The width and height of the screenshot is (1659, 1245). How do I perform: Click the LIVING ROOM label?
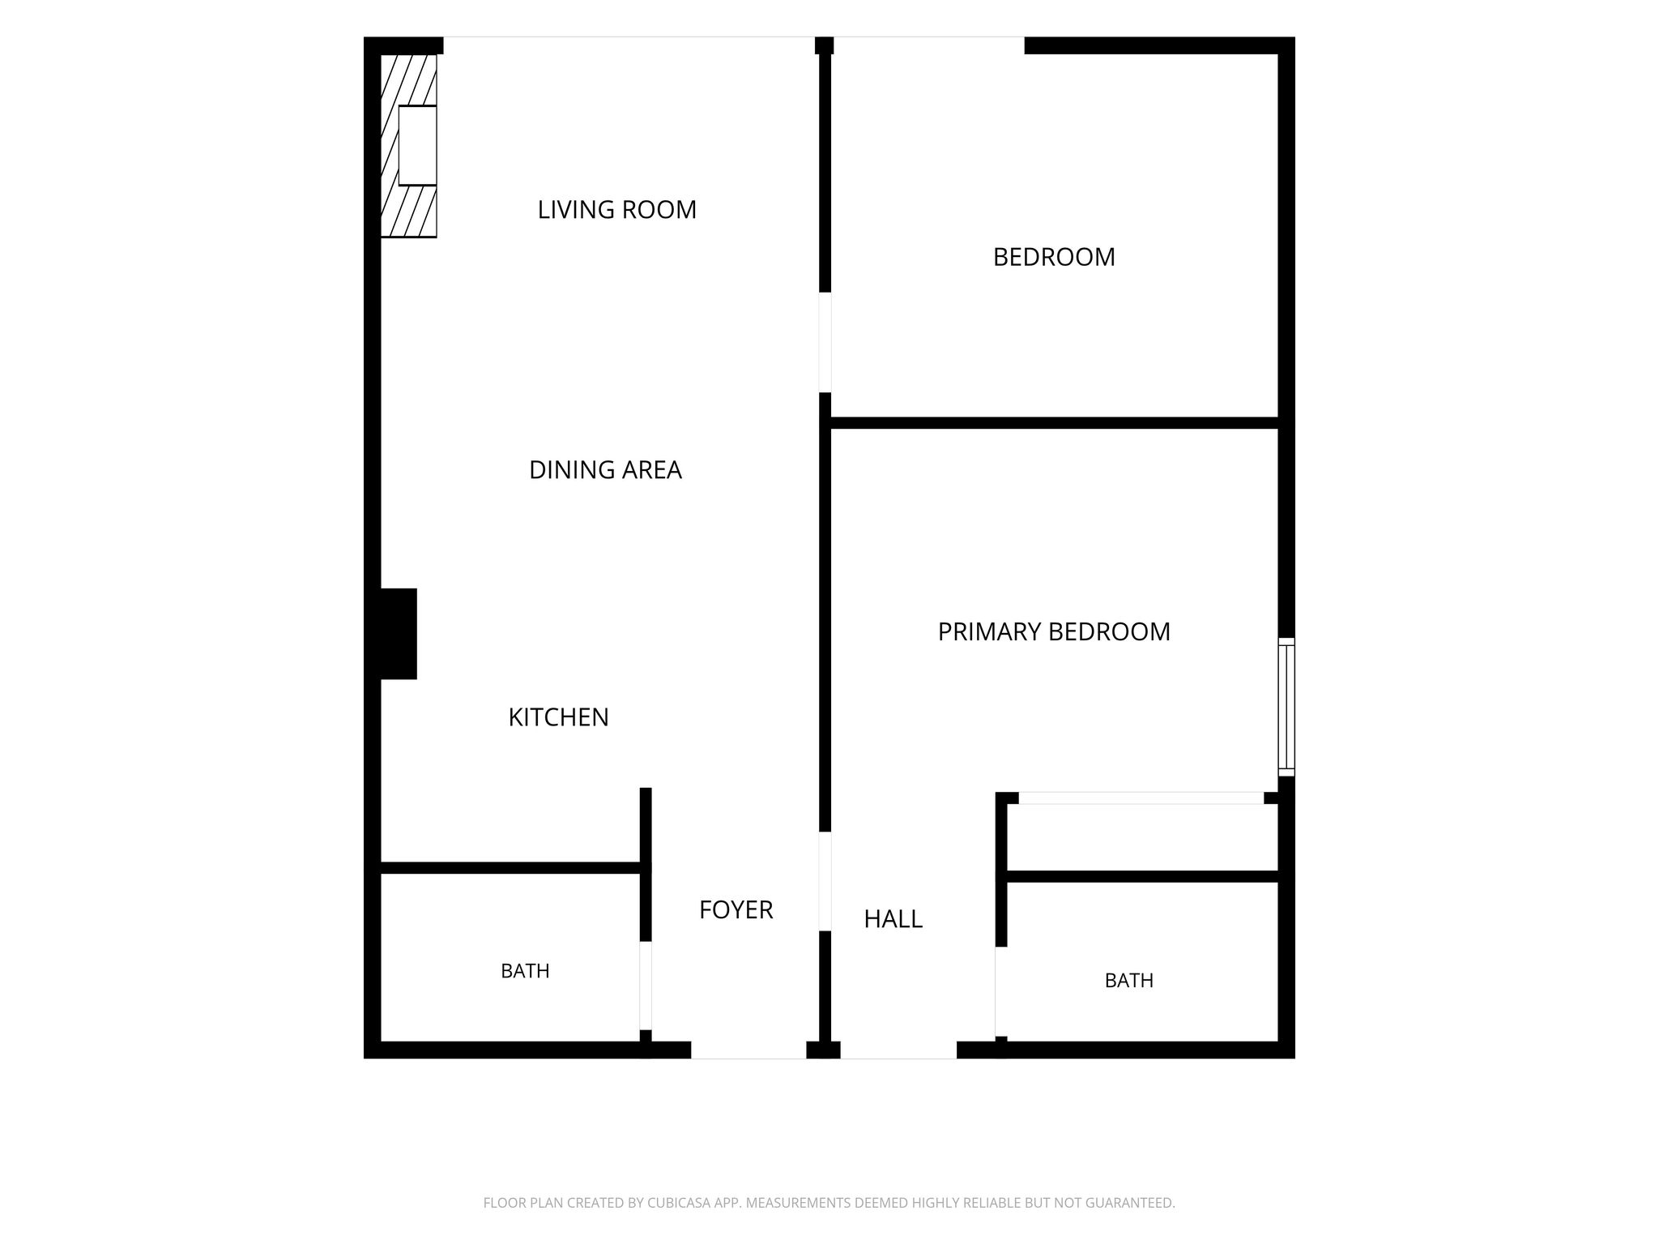(617, 210)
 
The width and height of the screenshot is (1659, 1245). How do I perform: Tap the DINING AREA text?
(605, 470)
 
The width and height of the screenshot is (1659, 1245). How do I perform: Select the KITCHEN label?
(558, 717)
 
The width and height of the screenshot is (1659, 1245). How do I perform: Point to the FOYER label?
(736, 910)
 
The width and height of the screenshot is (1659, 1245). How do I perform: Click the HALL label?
(893, 919)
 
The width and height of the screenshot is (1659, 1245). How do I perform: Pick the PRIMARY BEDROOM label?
(1054, 631)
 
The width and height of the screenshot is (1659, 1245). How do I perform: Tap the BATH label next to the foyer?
(525, 971)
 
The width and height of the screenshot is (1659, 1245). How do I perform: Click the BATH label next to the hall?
(1128, 981)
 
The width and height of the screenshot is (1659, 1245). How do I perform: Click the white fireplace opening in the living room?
(417, 146)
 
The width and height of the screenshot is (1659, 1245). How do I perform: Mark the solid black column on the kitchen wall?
(399, 634)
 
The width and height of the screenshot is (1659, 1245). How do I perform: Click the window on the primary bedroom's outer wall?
(1286, 707)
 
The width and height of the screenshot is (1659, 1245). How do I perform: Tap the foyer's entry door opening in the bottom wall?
(748, 1050)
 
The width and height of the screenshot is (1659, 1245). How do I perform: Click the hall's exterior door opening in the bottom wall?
(898, 1050)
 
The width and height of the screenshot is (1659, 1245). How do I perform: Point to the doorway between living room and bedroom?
(825, 342)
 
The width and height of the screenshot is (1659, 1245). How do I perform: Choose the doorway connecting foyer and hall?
(825, 881)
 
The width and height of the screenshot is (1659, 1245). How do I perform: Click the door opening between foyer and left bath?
(646, 986)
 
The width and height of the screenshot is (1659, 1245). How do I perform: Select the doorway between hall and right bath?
(1001, 991)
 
